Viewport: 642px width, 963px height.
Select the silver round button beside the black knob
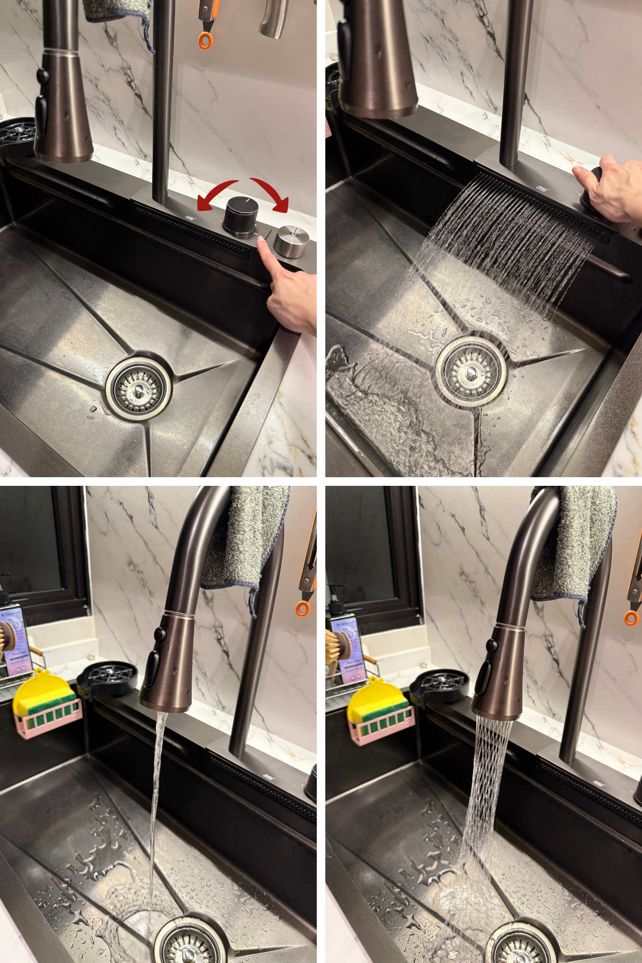point(291,241)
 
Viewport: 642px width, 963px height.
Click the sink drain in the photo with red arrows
point(139,387)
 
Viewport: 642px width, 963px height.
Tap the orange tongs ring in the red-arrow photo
point(205,40)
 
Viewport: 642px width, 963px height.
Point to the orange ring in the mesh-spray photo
point(631,618)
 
